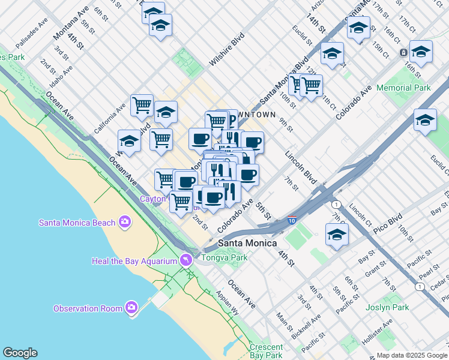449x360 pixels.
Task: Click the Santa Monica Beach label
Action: (x=76, y=223)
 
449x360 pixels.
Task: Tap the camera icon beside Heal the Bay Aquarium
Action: (x=186, y=260)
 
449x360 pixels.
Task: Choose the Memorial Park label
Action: (x=403, y=88)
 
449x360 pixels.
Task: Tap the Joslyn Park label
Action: (x=387, y=307)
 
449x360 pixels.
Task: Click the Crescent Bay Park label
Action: (x=267, y=351)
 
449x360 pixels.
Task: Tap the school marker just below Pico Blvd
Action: (x=337, y=235)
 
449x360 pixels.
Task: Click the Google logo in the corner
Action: (x=20, y=353)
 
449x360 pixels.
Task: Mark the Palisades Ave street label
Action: (x=31, y=37)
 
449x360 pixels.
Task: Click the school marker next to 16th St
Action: (x=421, y=52)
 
